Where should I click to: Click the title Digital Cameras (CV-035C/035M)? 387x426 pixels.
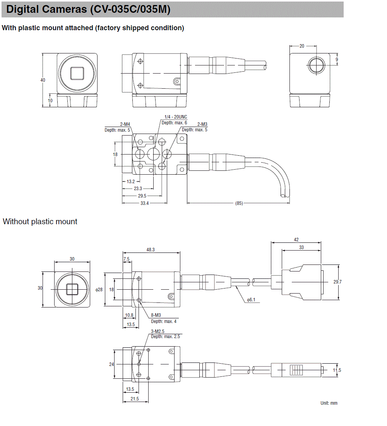pos(88,9)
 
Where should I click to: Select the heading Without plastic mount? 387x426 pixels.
pos(40,222)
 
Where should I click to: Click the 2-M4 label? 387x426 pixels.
pos(125,124)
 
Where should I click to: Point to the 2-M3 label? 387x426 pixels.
pos(202,124)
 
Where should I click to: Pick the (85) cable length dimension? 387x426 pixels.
pos(239,203)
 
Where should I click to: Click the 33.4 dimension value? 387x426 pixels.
pos(144,203)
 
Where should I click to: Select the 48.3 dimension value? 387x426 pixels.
pos(151,250)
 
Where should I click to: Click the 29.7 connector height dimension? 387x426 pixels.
pos(337,282)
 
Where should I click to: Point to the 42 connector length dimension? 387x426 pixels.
pos(296,240)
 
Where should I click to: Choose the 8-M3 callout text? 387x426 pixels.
pos(156,315)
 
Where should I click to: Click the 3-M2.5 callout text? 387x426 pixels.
pos(158,331)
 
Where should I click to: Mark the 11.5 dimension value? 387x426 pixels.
pos(337,370)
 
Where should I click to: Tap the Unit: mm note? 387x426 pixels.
pos(329,403)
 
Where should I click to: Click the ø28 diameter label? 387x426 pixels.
pos(99,289)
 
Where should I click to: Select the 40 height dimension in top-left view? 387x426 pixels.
pos(43,80)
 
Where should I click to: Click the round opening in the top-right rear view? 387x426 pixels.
pos(317,65)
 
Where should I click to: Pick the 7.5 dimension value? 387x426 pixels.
pos(127,259)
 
